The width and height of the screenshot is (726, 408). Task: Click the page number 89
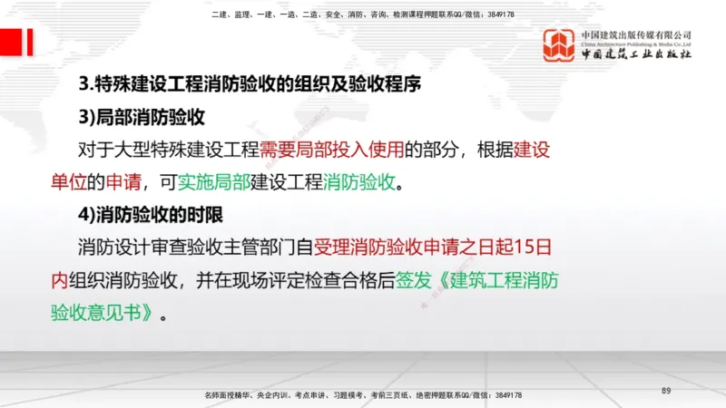(x=666, y=390)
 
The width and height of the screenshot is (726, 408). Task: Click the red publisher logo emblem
(x=559, y=45)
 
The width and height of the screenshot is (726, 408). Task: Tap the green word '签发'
(x=414, y=279)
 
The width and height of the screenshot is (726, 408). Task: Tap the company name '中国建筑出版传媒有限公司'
(x=636, y=34)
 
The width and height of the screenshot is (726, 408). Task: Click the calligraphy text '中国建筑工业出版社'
(x=636, y=54)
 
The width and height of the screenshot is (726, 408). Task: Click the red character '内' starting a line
(x=60, y=279)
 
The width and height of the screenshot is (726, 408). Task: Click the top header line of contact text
(x=362, y=15)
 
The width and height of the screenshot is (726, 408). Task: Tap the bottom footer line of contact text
(x=363, y=396)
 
